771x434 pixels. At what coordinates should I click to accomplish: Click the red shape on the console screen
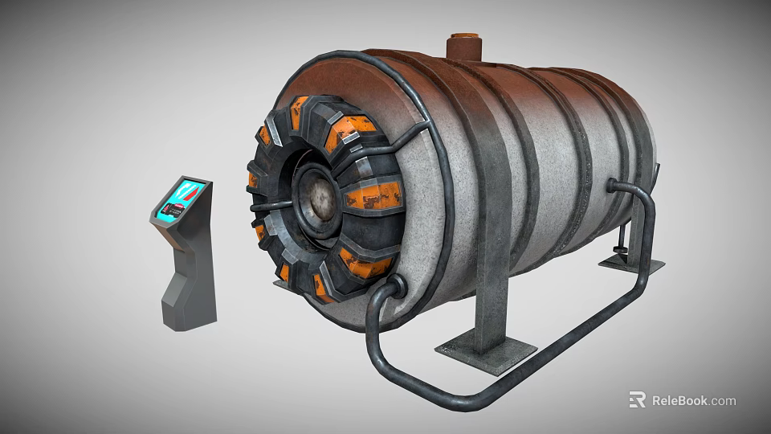coord(187,191)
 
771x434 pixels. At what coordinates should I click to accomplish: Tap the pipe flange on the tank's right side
coord(612,186)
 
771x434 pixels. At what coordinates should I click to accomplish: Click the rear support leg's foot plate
coord(631,263)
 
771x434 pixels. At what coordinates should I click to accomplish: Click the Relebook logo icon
coord(637,399)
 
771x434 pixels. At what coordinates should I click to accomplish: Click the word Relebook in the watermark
coord(679,400)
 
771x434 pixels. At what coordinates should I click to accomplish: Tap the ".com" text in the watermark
coord(722,400)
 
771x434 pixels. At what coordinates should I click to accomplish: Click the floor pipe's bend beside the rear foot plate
coord(642,281)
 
